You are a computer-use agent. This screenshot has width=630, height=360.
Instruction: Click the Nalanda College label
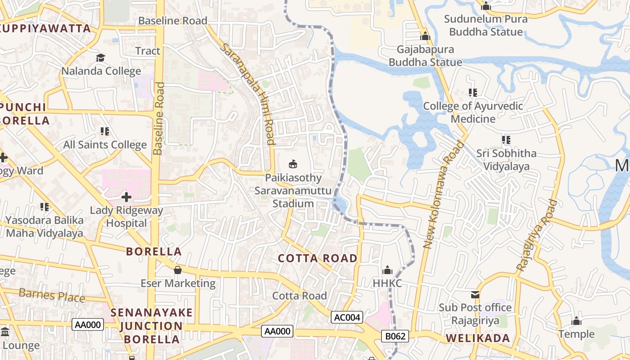point(101,71)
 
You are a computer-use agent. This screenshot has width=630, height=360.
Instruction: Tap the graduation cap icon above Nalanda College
point(100,58)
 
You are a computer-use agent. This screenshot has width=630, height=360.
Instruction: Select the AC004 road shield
point(347,317)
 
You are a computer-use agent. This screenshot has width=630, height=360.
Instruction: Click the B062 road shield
point(396,336)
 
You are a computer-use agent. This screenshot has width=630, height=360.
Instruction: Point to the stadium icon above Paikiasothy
point(293,164)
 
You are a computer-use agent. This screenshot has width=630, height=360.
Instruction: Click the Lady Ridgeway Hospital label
point(126,216)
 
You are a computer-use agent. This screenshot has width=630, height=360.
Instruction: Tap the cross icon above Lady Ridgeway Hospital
point(126,197)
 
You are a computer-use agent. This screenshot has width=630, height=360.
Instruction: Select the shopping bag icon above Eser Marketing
point(178,270)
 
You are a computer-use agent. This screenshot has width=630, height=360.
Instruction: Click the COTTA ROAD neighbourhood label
point(318,258)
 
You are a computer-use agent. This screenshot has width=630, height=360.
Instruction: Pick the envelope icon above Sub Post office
point(475,295)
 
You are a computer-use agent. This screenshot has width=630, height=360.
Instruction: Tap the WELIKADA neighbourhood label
point(478,338)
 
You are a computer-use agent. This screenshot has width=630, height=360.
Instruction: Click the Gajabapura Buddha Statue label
point(425,56)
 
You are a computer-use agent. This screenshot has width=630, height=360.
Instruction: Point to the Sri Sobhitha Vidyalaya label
point(506,160)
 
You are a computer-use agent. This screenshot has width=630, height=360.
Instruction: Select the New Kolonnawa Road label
point(444,194)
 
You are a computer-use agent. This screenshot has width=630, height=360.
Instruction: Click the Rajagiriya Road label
point(537,235)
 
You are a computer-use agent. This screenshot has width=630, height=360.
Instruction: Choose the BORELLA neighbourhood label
point(154,252)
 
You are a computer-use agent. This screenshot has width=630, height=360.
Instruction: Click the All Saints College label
point(105,145)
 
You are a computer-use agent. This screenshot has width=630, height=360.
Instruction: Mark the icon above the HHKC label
point(387,270)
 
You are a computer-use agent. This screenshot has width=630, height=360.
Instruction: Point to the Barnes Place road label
point(52,295)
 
